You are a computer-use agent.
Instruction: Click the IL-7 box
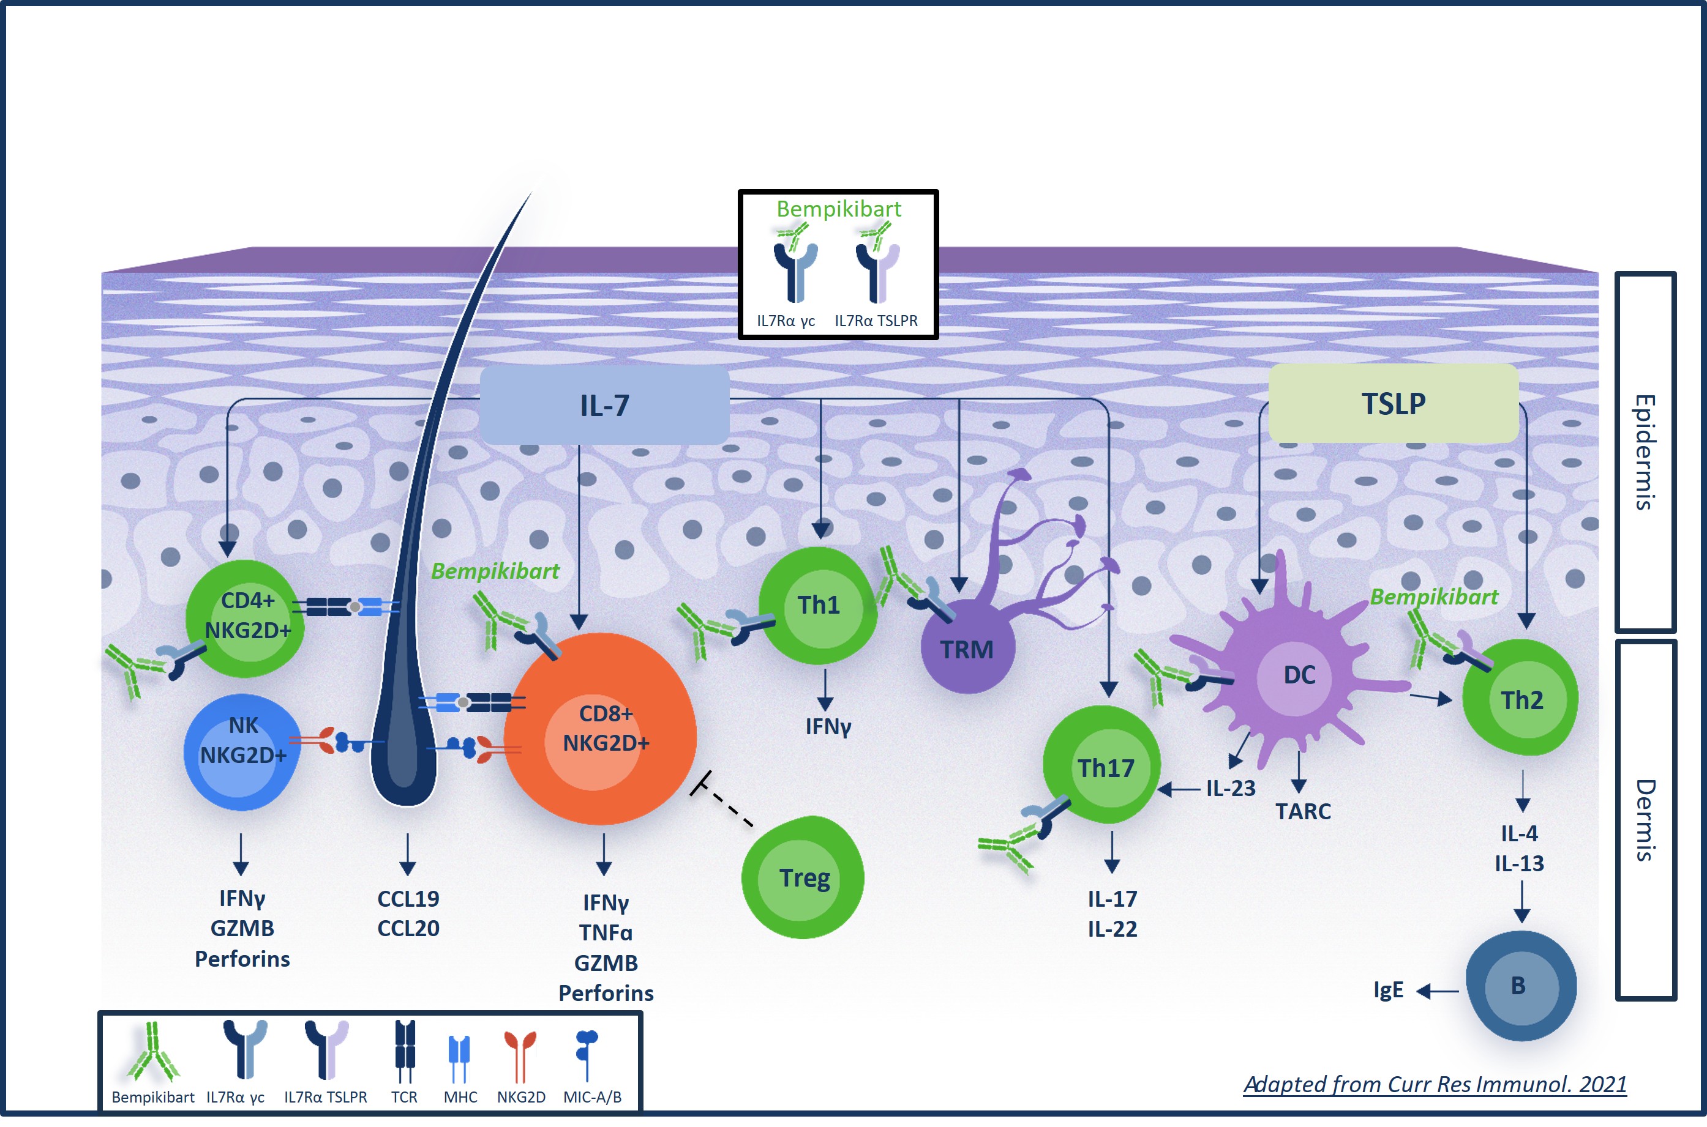[604, 404]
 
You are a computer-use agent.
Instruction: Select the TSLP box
[1393, 403]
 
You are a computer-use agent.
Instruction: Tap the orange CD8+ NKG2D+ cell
[601, 728]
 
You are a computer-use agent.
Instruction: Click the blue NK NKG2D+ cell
[242, 752]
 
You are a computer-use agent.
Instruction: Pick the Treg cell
[803, 877]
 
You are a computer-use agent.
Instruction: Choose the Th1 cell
[818, 605]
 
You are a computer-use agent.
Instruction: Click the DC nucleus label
[1299, 675]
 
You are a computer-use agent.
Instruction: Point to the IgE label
[1388, 990]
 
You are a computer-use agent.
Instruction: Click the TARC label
[1303, 811]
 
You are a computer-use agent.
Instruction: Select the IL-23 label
[1230, 789]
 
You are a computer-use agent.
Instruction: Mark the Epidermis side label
[1645, 452]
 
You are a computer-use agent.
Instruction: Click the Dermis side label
[1645, 820]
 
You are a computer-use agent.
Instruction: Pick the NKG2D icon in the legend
[520, 1055]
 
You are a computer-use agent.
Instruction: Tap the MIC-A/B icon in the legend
[587, 1054]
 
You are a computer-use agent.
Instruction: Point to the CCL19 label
[408, 898]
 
